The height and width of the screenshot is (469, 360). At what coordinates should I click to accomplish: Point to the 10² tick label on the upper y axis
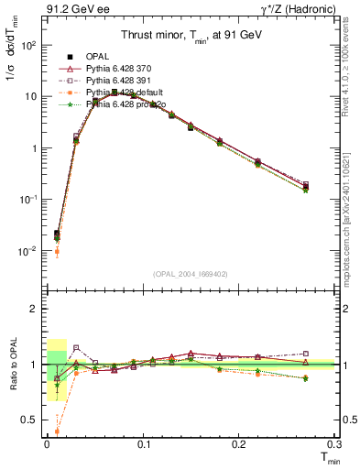pos(29,45)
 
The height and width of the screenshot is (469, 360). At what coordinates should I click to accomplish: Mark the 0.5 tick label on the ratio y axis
pos(29,420)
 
